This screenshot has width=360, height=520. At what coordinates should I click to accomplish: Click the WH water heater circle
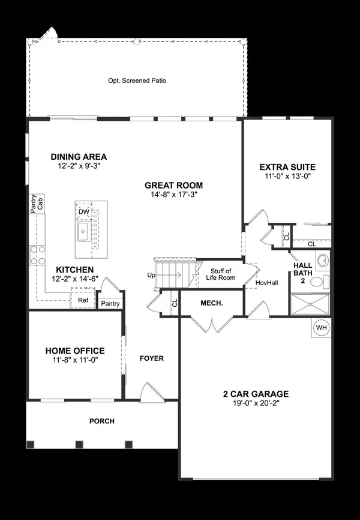(321, 328)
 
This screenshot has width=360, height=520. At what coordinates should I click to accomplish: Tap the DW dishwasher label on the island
(83, 211)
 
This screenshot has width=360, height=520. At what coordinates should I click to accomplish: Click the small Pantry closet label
(110, 304)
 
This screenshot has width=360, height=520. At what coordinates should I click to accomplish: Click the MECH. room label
(211, 303)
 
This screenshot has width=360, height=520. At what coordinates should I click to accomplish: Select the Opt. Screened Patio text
(136, 80)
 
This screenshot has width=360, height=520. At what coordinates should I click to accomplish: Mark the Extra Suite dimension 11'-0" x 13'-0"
(287, 177)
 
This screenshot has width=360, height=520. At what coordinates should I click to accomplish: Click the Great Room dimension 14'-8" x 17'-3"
(173, 195)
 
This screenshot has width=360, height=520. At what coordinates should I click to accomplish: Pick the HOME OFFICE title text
(75, 351)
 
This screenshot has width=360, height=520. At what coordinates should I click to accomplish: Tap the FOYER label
(151, 358)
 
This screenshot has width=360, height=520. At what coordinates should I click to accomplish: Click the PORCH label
(101, 421)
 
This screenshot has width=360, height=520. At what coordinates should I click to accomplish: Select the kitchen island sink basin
(82, 231)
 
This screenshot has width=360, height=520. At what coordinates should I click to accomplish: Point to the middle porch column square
(79, 444)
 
